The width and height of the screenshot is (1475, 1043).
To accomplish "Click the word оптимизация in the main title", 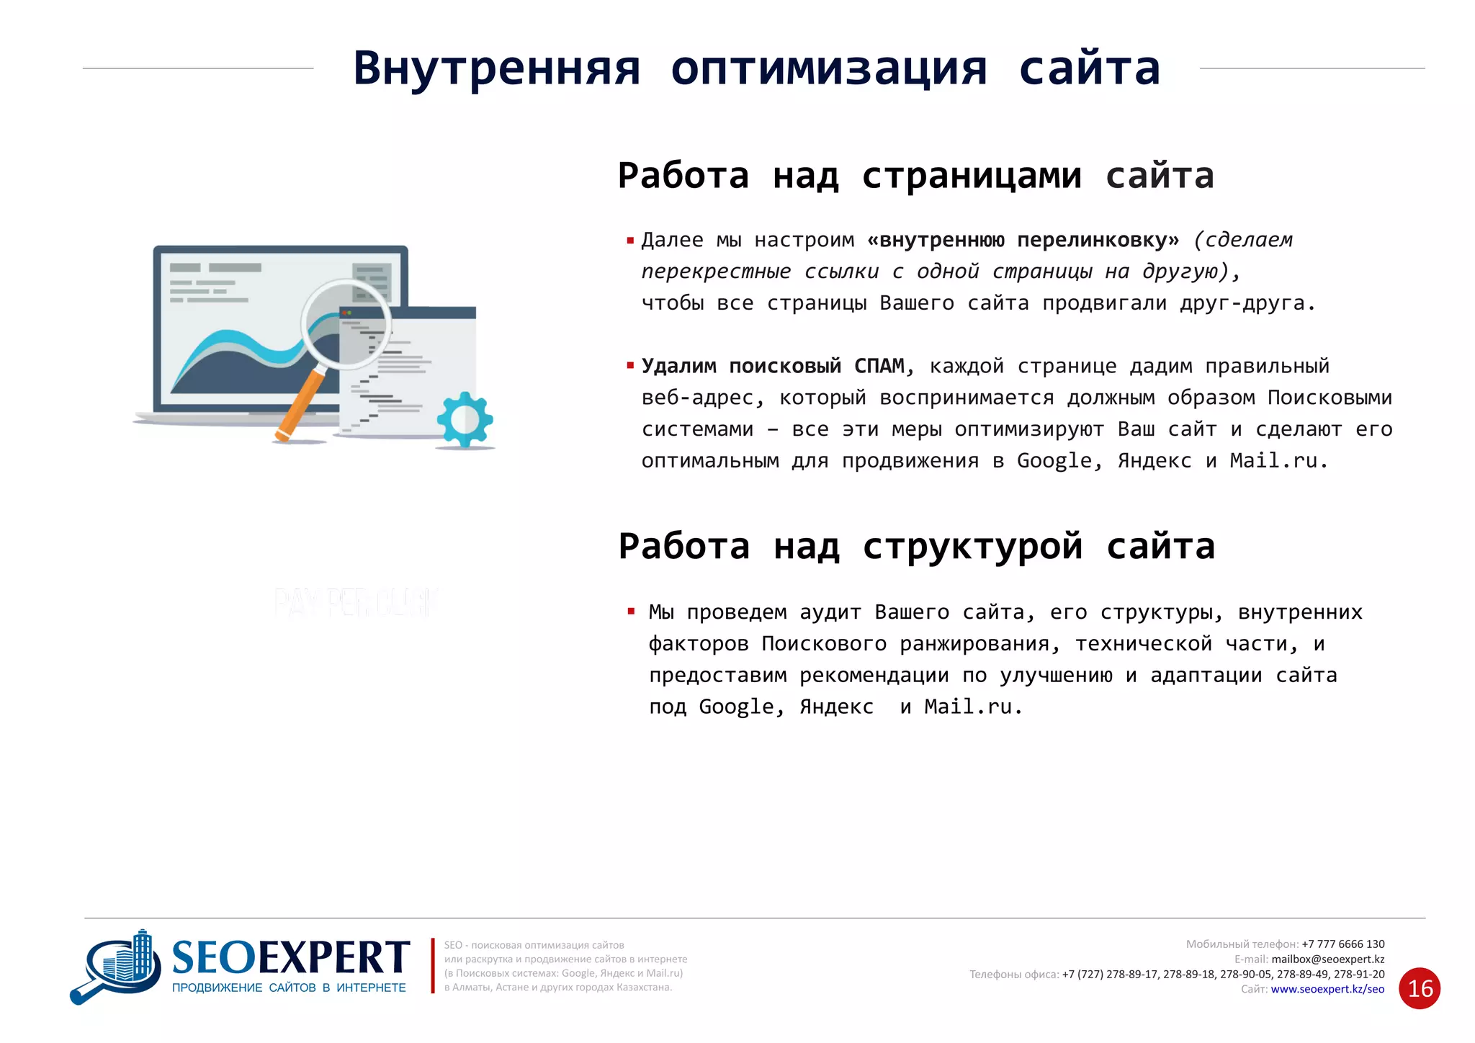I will coord(828,70).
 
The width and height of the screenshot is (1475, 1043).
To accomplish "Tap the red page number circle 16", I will coord(1419,988).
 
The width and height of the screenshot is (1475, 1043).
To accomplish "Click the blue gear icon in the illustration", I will coord(465,420).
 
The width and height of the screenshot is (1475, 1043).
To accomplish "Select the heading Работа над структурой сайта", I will coord(916,546).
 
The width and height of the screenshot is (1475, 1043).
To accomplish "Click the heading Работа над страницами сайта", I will coord(915,176).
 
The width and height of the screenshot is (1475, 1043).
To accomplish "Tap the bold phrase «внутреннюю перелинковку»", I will coord(1023,240).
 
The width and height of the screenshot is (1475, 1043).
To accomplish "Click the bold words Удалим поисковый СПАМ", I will coord(773,366).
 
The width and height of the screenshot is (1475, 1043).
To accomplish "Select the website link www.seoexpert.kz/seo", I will coord(1327,989).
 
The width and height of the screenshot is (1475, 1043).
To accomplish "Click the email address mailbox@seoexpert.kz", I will coord(1327,959).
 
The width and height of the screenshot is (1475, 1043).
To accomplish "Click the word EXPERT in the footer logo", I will coord(333,959).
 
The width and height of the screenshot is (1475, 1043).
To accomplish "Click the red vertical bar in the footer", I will coord(433,965).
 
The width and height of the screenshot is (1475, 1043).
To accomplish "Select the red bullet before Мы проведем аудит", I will coord(631,612).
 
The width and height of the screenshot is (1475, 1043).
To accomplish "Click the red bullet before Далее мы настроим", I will coord(630,240).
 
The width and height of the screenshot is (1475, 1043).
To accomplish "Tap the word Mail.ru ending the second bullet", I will coord(1278,460).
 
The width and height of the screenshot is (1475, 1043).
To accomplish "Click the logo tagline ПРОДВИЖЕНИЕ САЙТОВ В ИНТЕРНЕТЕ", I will coord(289,988).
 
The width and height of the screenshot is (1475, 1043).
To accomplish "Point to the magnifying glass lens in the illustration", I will coord(345,323).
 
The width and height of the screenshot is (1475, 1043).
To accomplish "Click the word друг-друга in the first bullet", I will coord(1246,303).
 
